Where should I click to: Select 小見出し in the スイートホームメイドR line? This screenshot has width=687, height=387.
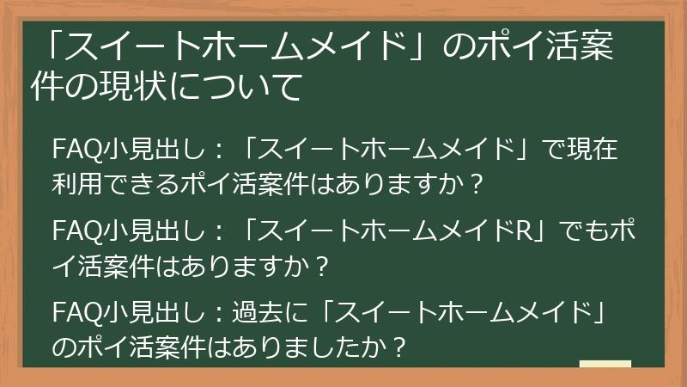coord(152,231)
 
